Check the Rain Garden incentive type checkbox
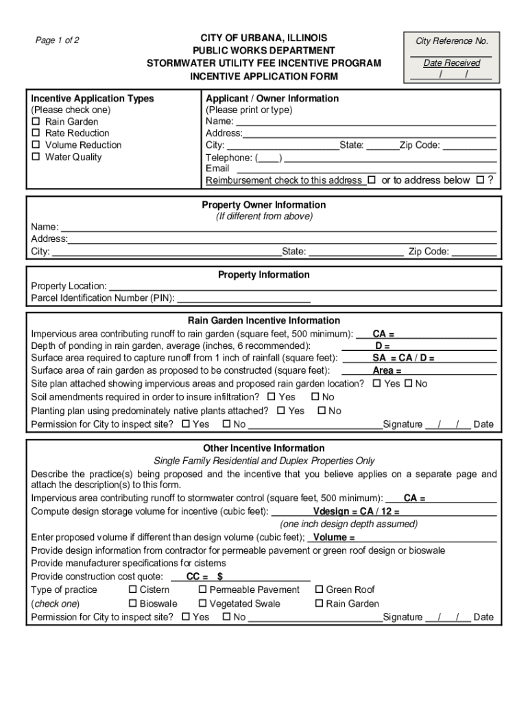pyautogui.click(x=36, y=122)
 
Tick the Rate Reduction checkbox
pyautogui.click(x=36, y=134)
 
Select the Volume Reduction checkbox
pyautogui.click(x=36, y=145)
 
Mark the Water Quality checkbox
pyautogui.click(x=36, y=157)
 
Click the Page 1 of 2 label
pyautogui.click(x=58, y=40)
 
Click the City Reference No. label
pyautogui.click(x=451, y=41)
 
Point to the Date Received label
pyautogui.click(x=451, y=63)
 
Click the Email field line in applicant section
pyautogui.click(x=363, y=169)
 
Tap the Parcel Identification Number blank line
pyautogui.click(x=243, y=298)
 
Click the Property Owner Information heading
pyautogui.click(x=263, y=205)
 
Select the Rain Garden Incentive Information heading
pyautogui.click(x=263, y=321)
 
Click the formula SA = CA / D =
pyautogui.click(x=403, y=358)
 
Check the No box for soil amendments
pyautogui.click(x=315, y=397)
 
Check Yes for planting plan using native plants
pyautogui.click(x=281, y=411)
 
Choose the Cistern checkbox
pyautogui.click(x=133, y=590)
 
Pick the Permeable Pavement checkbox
pyautogui.click(x=203, y=590)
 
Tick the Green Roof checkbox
pyautogui.click(x=319, y=590)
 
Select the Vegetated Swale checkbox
pyautogui.click(x=203, y=604)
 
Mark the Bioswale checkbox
pyautogui.click(x=133, y=604)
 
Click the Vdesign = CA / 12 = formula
pyautogui.click(x=357, y=512)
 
